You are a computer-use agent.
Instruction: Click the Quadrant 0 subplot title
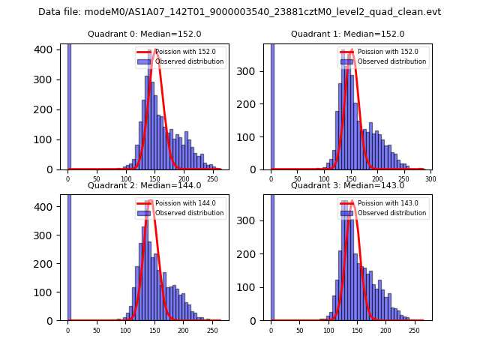(x=144, y=34)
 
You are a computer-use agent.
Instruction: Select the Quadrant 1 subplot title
(x=347, y=34)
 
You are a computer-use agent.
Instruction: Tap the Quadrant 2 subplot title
(x=144, y=185)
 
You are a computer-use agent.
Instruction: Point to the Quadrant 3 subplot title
(x=347, y=185)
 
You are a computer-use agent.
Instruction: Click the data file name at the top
(x=239, y=12)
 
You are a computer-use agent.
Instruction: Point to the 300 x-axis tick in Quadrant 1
(x=430, y=179)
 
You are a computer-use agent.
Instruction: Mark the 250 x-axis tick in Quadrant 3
(x=414, y=330)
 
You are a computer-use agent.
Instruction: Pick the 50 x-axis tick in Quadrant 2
(x=97, y=330)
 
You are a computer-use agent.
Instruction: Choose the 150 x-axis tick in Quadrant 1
(x=351, y=179)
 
